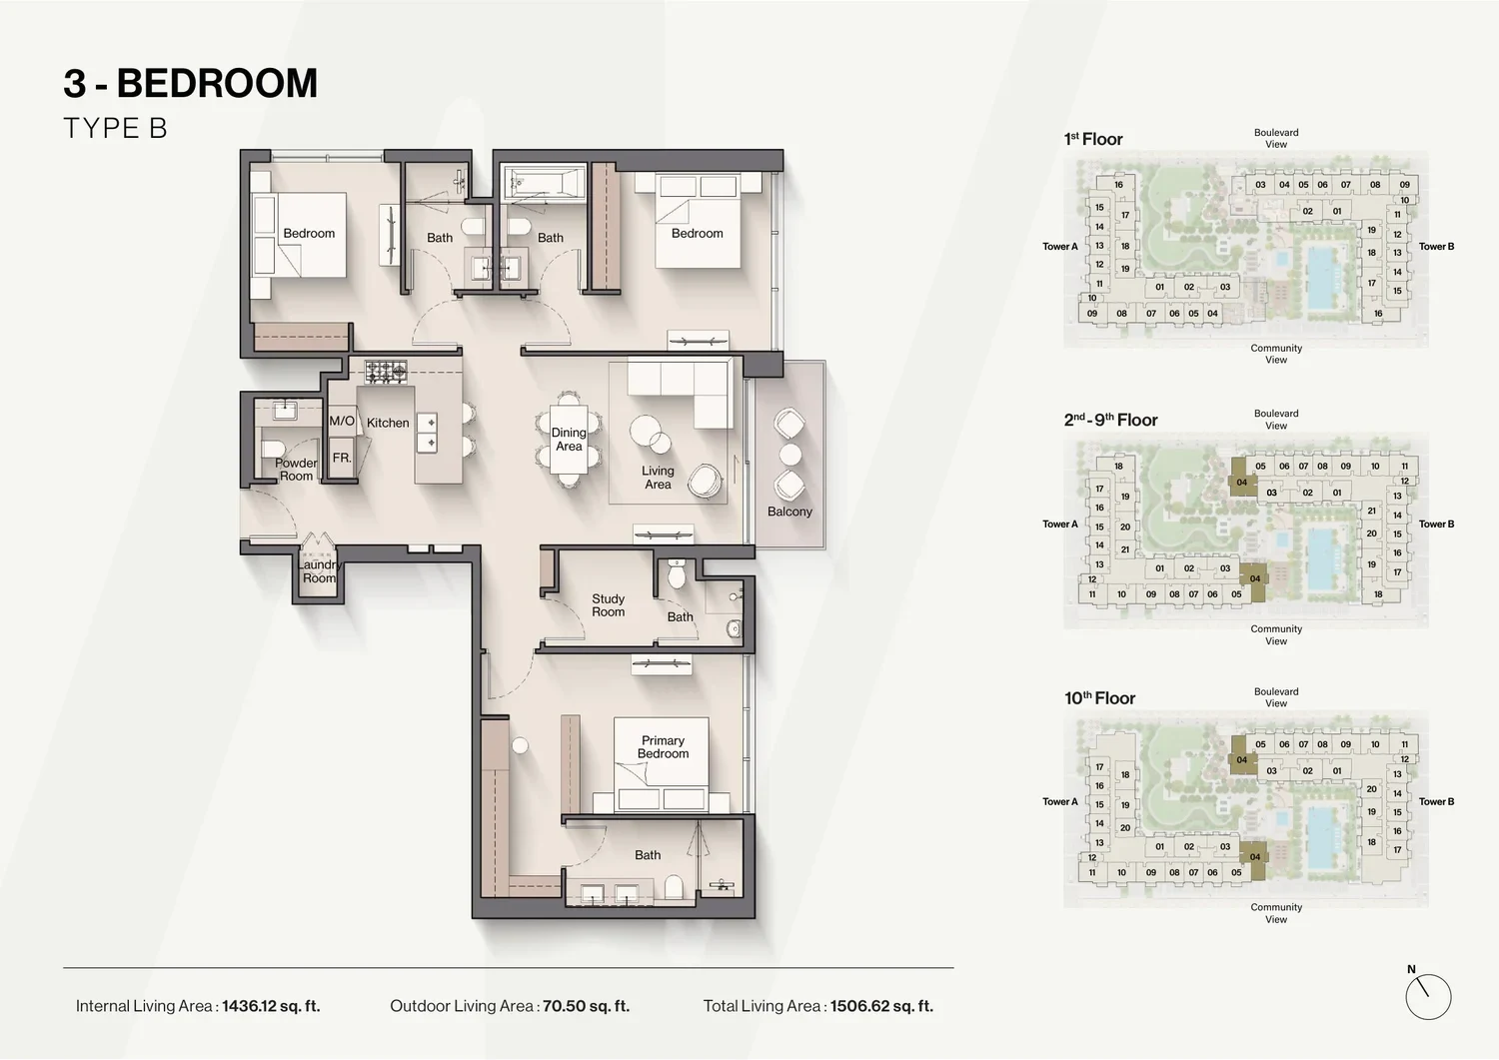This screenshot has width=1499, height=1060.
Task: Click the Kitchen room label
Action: pos(388,423)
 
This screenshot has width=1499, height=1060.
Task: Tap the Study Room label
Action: pos(608,605)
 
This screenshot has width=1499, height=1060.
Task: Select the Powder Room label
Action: pos(296,470)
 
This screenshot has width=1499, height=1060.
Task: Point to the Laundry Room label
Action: pos(319,571)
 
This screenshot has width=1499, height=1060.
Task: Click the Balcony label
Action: pos(789,512)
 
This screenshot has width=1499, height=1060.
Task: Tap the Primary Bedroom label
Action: pos(663,747)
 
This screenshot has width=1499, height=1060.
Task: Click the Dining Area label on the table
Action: pos(569,440)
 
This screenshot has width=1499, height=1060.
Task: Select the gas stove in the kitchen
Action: pos(386,372)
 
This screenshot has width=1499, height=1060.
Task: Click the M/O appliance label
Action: pos(342,421)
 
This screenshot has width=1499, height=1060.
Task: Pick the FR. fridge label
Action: pos(342,458)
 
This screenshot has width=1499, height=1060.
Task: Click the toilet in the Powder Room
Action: pos(273,448)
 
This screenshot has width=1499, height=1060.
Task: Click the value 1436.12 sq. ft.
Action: pos(271,1006)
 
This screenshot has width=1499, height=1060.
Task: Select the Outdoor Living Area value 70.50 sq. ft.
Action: pos(587,1006)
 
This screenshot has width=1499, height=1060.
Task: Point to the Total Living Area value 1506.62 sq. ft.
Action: pos(881,1006)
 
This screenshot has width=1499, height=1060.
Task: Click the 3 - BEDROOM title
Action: pos(191,83)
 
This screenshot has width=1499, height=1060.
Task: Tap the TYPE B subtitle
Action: pos(115,129)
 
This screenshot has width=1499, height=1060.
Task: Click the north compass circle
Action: pos(1428,997)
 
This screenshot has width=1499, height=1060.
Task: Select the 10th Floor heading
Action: pos(1099,698)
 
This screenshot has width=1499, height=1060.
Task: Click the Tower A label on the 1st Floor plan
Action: pos(1060,246)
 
